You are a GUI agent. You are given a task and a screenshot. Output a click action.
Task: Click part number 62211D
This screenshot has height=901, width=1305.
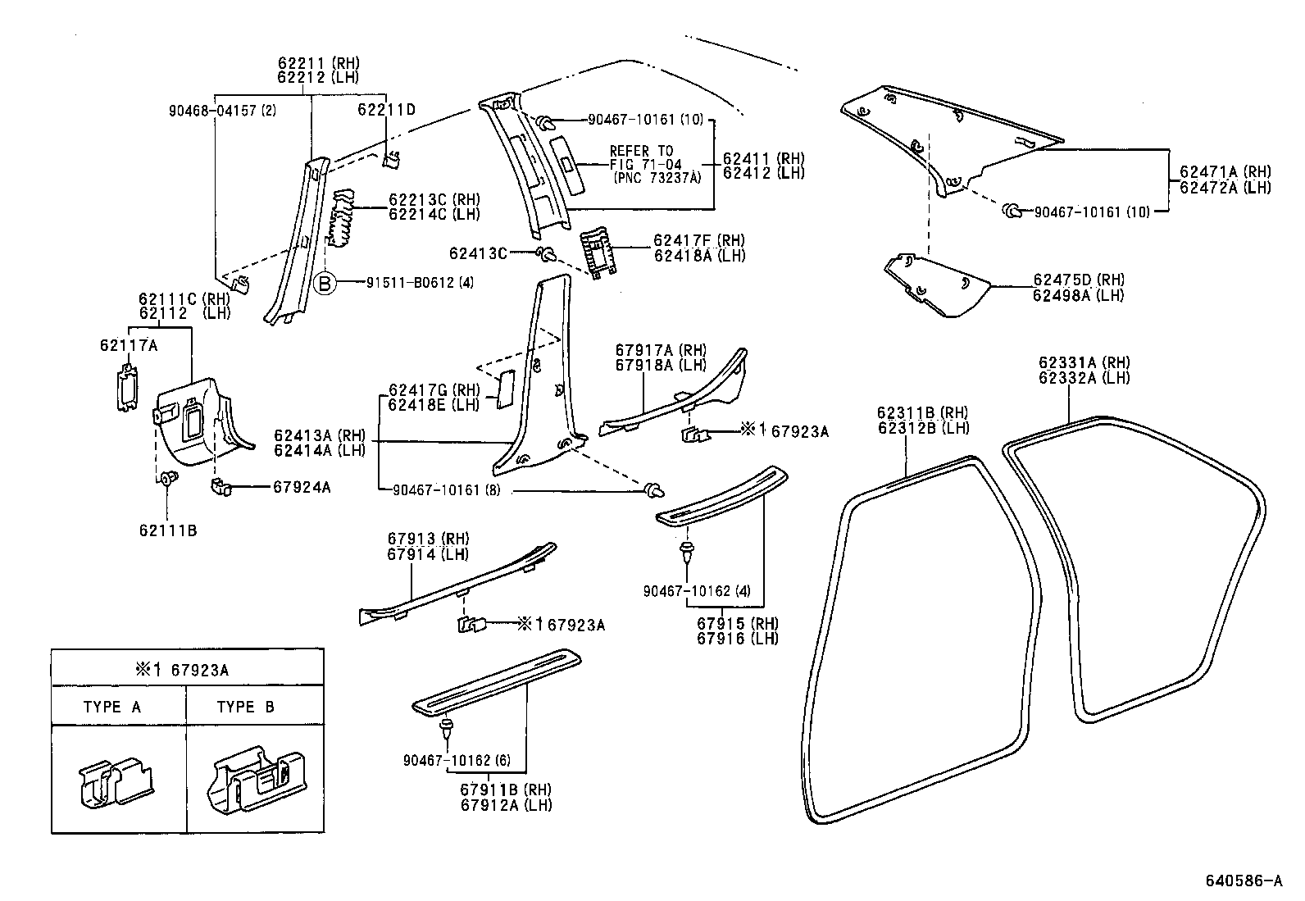(386, 109)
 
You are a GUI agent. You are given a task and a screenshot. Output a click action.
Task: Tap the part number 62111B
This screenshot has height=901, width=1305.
(167, 530)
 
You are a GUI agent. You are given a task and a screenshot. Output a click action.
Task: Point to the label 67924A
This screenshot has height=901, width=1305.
(302, 487)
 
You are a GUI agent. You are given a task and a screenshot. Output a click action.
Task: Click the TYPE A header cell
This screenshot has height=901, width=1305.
(112, 707)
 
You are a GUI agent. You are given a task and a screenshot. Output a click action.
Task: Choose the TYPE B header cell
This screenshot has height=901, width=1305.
(245, 707)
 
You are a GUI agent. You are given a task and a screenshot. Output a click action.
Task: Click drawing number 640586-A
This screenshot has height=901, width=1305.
(1244, 881)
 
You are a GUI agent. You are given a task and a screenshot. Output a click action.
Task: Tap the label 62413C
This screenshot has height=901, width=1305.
(478, 253)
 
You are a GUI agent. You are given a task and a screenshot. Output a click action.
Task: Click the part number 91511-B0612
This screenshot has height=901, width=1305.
(419, 284)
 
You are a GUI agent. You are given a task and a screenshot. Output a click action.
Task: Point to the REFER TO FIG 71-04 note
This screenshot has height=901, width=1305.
(655, 164)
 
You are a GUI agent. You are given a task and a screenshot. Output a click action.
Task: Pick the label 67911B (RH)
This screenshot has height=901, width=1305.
(505, 790)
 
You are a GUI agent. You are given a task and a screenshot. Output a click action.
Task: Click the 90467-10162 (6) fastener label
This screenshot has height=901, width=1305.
(457, 761)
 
